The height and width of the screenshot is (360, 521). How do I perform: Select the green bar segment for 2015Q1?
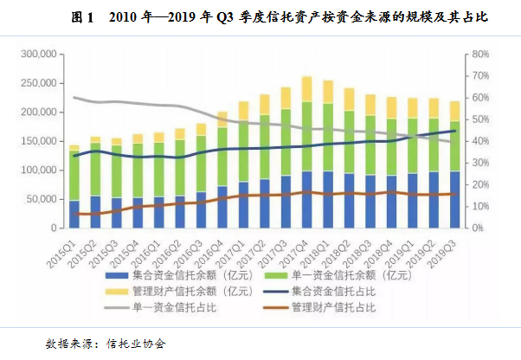point(74,177)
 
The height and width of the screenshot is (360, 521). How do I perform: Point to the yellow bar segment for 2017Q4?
point(306,89)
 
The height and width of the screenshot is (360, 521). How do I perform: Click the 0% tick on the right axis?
point(474,228)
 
